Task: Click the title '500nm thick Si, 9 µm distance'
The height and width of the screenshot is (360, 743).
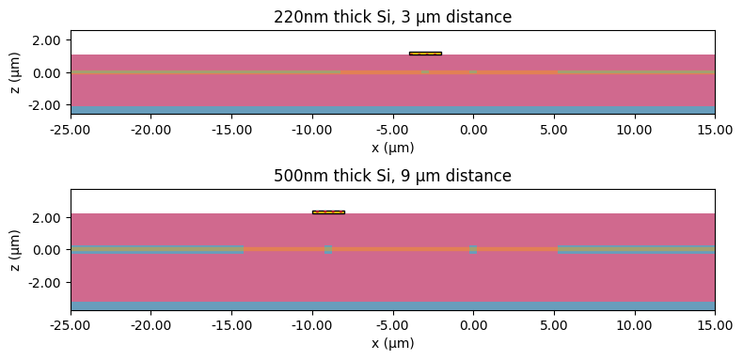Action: tap(392, 176)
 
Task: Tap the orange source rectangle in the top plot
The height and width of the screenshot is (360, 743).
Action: tap(425, 54)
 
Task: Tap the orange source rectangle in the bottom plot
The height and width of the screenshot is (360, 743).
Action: tap(328, 212)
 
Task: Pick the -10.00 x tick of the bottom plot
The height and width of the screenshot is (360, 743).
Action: tap(312, 321)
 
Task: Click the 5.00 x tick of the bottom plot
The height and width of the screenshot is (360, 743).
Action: tap(554, 321)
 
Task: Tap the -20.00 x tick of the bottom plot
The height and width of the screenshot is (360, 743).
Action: tap(151, 321)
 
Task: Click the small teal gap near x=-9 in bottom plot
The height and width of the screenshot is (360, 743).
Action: tap(328, 250)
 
